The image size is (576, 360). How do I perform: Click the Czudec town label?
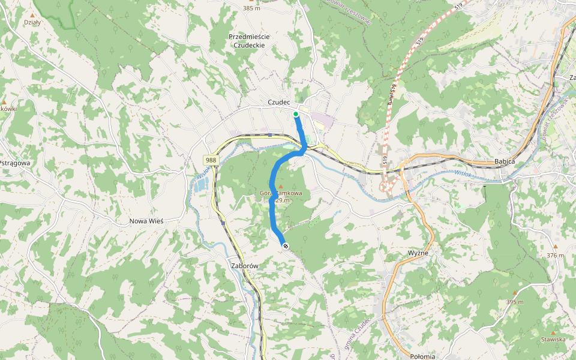(279, 103)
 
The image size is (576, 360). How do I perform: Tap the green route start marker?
(296, 113)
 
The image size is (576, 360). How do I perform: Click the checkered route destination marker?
(285, 245)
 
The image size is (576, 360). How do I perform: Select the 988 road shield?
(211, 160)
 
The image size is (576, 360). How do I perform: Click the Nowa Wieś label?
(146, 221)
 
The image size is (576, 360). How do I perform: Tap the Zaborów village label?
(244, 265)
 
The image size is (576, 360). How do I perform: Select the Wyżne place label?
(418, 253)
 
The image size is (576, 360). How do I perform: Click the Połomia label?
(422, 356)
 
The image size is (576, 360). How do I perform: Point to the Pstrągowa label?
(14, 163)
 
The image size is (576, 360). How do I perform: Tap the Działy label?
(32, 22)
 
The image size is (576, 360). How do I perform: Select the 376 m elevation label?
(556, 256)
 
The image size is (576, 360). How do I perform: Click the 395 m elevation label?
(515, 302)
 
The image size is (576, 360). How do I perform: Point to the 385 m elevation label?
(251, 8)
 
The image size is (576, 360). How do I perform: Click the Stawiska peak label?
(553, 340)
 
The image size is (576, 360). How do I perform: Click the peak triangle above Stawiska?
(553, 332)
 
